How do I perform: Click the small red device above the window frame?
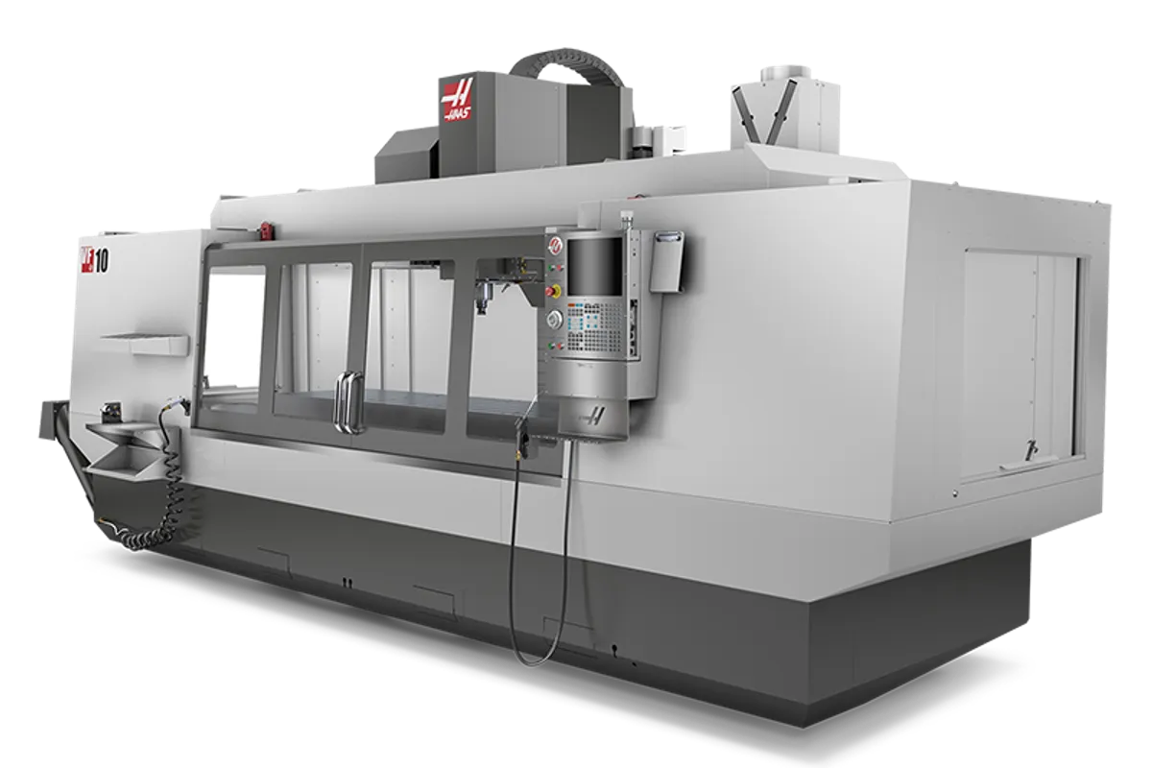pyautogui.click(x=265, y=228)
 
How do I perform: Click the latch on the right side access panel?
pyautogui.click(x=1030, y=448)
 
